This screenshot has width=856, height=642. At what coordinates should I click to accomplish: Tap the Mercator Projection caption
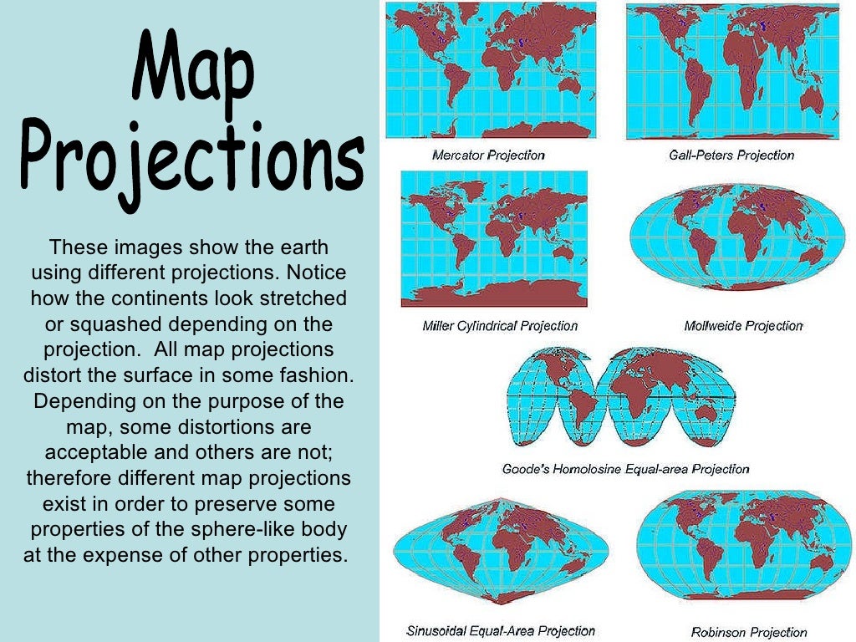488,155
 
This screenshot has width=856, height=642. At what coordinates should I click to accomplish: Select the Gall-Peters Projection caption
731,155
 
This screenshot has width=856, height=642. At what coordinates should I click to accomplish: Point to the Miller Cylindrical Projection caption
500,325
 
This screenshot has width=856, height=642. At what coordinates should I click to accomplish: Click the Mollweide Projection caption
743,325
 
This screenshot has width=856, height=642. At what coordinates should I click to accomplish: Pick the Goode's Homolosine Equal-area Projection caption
625,469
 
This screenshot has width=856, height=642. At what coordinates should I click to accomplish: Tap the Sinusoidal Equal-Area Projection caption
501,630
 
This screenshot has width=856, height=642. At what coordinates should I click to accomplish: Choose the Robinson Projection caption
749,632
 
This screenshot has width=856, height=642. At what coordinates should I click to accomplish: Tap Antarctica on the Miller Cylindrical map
493,295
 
